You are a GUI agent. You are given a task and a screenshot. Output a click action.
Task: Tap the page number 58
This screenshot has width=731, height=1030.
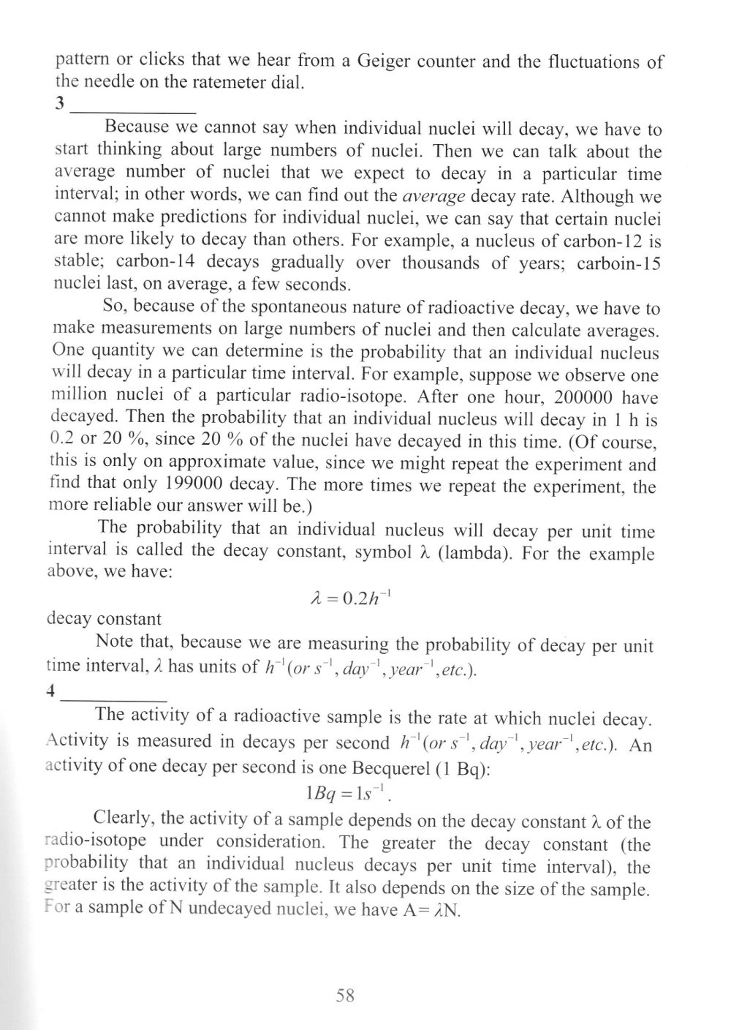point(345,995)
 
